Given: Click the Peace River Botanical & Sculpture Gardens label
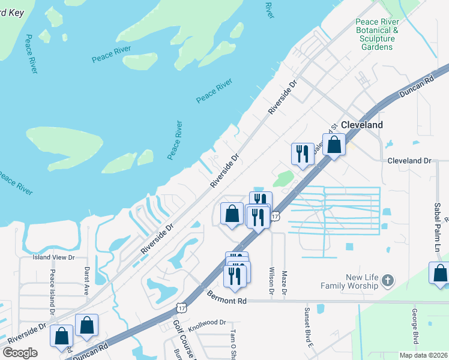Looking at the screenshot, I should point(382,34).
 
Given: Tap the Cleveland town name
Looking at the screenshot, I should point(361,125).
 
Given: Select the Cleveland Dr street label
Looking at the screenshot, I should point(409,161).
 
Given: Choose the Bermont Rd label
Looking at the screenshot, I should point(227,296).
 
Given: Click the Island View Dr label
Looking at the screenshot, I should point(53,257).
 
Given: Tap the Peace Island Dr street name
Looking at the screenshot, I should point(52,292).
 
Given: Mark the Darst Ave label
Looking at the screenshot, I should point(86,279).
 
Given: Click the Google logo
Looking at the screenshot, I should point(20,352).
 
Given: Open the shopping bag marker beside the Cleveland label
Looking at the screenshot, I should point(334,145).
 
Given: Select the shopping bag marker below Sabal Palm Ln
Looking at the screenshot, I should point(440,273).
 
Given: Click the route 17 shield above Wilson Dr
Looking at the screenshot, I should point(274,215).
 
